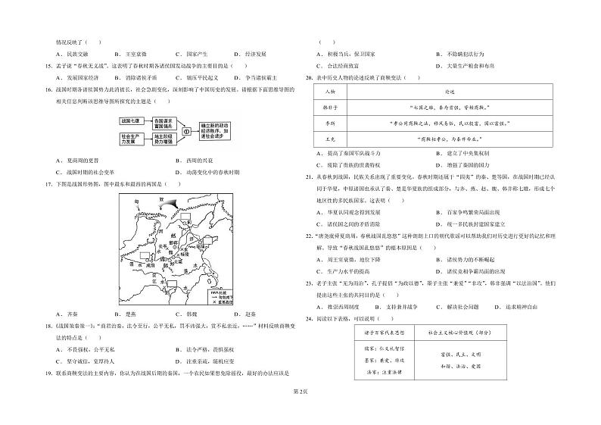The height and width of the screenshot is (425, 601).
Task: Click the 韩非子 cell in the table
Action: click(x=329, y=108)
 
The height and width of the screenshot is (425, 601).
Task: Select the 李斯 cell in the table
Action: click(x=329, y=123)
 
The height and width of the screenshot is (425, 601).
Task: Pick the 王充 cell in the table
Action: click(x=329, y=138)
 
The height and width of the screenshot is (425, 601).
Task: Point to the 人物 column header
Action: click(x=329, y=92)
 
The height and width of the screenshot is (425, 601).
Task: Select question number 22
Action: click(x=310, y=236)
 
